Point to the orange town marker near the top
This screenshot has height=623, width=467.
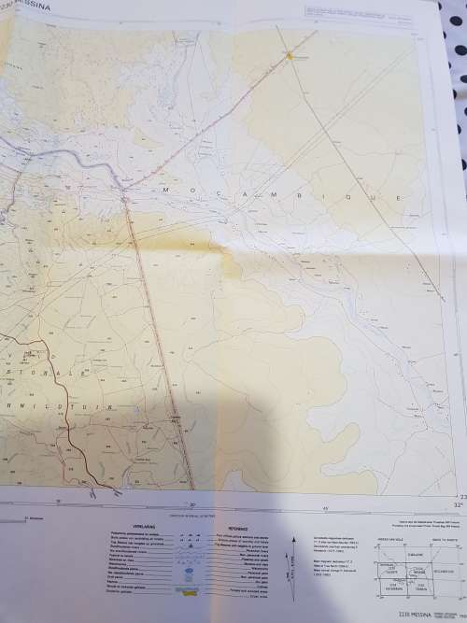[290, 56]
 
